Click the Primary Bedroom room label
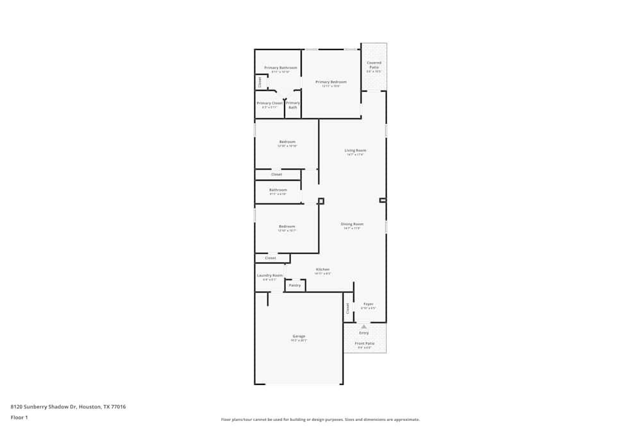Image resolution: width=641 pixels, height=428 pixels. pyautogui.click(x=331, y=82)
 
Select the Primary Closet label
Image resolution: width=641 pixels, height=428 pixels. pyautogui.click(x=270, y=103)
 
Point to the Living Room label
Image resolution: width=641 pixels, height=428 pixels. pyautogui.click(x=355, y=151)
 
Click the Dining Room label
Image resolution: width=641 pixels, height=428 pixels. pyautogui.click(x=353, y=224)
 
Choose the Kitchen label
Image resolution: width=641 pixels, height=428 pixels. pyautogui.click(x=322, y=270)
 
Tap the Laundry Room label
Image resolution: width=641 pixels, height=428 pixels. pyautogui.click(x=270, y=275)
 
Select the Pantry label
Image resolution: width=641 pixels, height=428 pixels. pyautogui.click(x=295, y=285)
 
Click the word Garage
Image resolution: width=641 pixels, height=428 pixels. pyautogui.click(x=299, y=336)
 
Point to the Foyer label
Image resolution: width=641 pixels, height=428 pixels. pyautogui.click(x=369, y=304)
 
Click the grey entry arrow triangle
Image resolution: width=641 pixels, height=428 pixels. pyautogui.click(x=364, y=327)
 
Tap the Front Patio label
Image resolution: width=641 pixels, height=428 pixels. pyautogui.click(x=365, y=343)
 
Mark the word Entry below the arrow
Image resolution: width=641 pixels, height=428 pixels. pyautogui.click(x=364, y=333)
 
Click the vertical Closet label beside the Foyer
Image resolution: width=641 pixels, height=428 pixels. pyautogui.click(x=348, y=308)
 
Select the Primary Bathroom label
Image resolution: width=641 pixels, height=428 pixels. pyautogui.click(x=281, y=68)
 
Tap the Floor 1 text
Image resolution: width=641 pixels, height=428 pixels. pyautogui.click(x=19, y=417)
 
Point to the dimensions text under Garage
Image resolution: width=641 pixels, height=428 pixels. pyautogui.click(x=299, y=341)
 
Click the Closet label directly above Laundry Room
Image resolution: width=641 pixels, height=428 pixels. pyautogui.click(x=271, y=258)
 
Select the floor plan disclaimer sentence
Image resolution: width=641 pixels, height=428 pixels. pyautogui.click(x=320, y=419)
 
